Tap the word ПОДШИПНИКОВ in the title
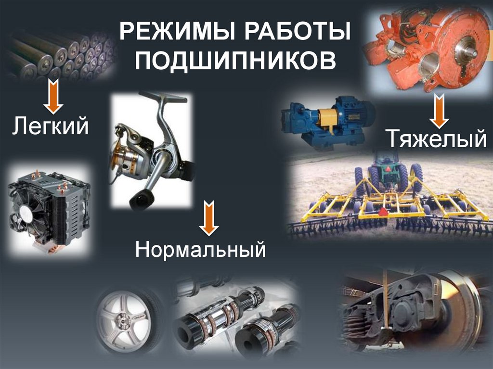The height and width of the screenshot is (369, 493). (x=235, y=60)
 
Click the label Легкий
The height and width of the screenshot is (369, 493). (x=51, y=126)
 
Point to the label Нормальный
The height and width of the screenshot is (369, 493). (x=201, y=249)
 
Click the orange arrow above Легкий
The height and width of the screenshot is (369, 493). (x=53, y=96)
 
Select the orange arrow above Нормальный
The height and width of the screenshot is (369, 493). (x=209, y=218)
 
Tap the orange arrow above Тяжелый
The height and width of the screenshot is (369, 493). (x=439, y=110)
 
